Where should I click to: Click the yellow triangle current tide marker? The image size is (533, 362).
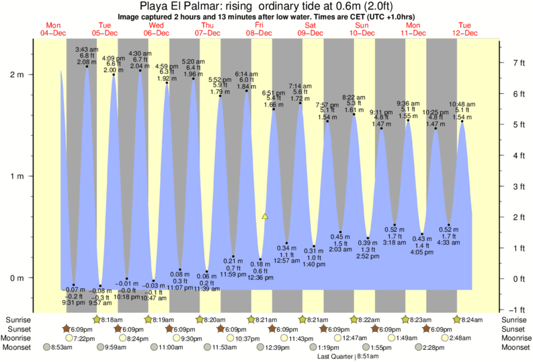(265, 216)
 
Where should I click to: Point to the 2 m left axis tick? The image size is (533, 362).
(20, 75)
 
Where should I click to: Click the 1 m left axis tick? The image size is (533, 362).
(20, 177)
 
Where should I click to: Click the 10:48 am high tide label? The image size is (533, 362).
(462, 104)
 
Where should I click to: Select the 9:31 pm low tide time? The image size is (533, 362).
(73, 302)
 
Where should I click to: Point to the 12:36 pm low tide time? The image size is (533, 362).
(260, 277)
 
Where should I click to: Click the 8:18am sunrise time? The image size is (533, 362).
(112, 320)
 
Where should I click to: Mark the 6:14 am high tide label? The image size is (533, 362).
(245, 74)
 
